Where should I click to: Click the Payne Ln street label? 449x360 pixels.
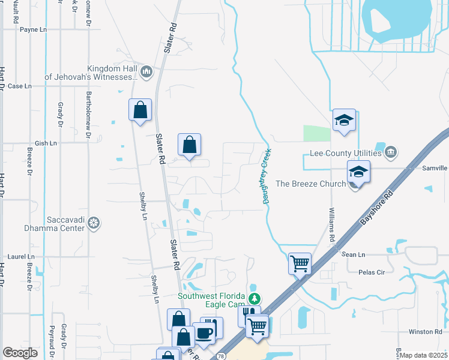pyautogui.click(x=32, y=29)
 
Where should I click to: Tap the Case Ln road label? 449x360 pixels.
pyautogui.click(x=19, y=86)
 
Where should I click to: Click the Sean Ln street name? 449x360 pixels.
pyautogui.click(x=353, y=254)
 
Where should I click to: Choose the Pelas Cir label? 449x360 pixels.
pyautogui.click(x=371, y=272)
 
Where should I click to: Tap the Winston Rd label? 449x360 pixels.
pyautogui.click(x=425, y=332)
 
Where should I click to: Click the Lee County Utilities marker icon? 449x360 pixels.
pyautogui.click(x=391, y=151)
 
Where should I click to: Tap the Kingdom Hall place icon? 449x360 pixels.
pyautogui.click(x=146, y=73)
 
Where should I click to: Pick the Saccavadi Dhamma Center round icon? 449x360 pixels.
pyautogui.click(x=93, y=224)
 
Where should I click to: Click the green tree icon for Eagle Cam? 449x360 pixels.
pyautogui.click(x=255, y=298)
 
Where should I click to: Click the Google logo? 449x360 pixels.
pyautogui.click(x=20, y=353)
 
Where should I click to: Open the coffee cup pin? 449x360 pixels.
pyautogui.click(x=204, y=333)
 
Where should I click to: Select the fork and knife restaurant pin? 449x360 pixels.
pyautogui.click(x=249, y=314)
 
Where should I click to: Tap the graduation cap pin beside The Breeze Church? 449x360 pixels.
pyautogui.click(x=358, y=172)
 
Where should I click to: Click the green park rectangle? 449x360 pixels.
pyautogui.click(x=317, y=134)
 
